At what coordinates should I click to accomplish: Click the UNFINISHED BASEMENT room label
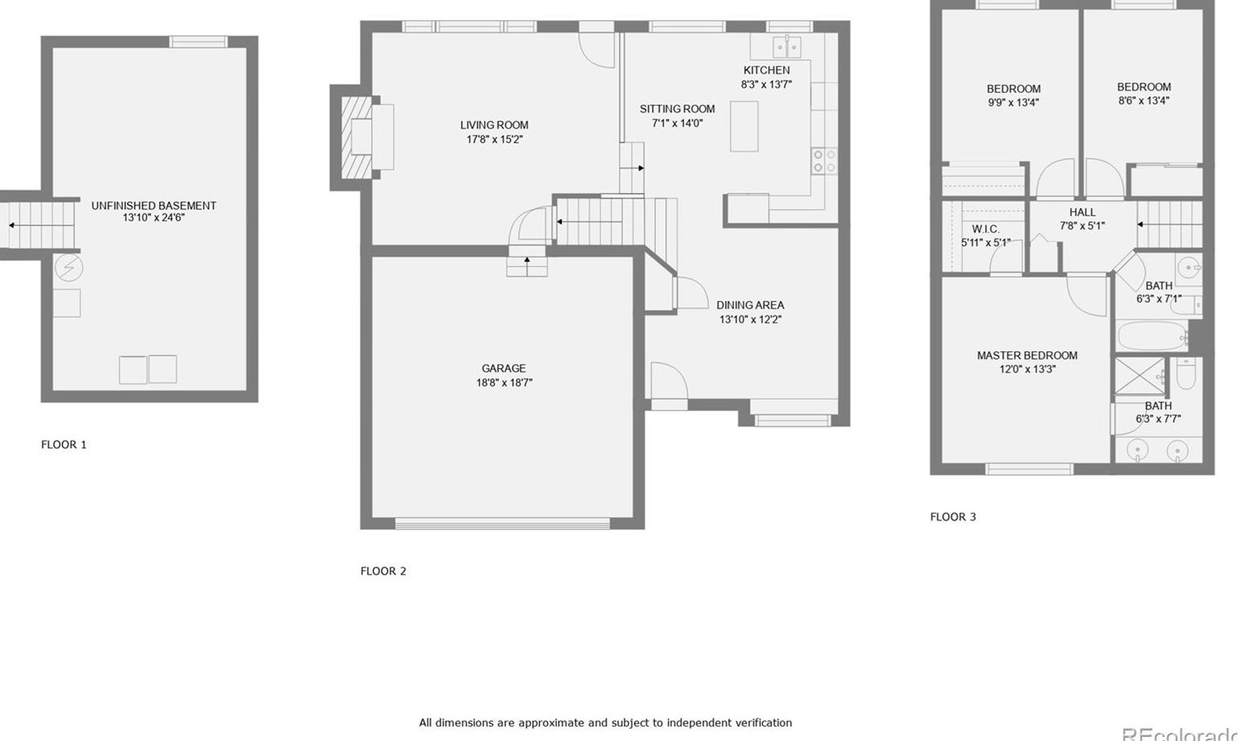point(153,206)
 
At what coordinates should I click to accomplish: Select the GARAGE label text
point(503,369)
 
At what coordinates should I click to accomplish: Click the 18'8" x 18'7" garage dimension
point(503,383)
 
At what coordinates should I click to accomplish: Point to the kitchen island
point(744,126)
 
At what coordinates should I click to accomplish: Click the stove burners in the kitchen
point(823,161)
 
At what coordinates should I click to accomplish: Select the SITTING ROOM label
point(677,109)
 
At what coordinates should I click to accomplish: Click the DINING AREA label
point(750,305)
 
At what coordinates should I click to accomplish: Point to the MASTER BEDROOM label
point(1027,355)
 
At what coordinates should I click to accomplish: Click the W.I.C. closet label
point(986,229)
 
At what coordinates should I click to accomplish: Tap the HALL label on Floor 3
point(1082,212)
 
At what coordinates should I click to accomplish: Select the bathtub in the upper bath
point(1153,335)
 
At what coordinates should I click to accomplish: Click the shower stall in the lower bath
point(1139,376)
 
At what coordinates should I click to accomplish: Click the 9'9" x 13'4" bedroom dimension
point(1013,103)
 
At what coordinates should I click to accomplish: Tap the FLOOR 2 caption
point(383,571)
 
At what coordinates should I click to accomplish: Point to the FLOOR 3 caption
point(952,517)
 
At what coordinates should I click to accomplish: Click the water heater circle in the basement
point(69,266)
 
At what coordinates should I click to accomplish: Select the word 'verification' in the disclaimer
point(759,722)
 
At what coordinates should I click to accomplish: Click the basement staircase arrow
point(12,225)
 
